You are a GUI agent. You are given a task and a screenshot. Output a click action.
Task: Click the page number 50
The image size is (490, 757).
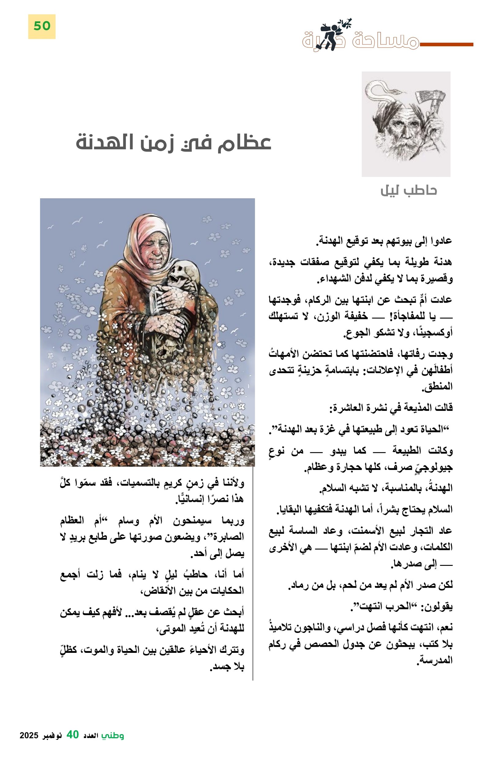point(42,26)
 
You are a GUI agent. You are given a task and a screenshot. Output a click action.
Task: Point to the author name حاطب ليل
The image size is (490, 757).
point(409,190)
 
